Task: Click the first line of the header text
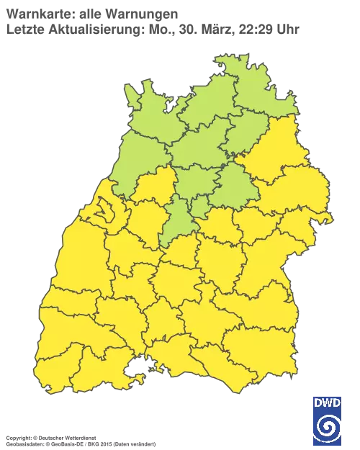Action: pyautogui.click(x=94, y=13)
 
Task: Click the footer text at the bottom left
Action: pyautogui.click(x=79, y=438)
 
